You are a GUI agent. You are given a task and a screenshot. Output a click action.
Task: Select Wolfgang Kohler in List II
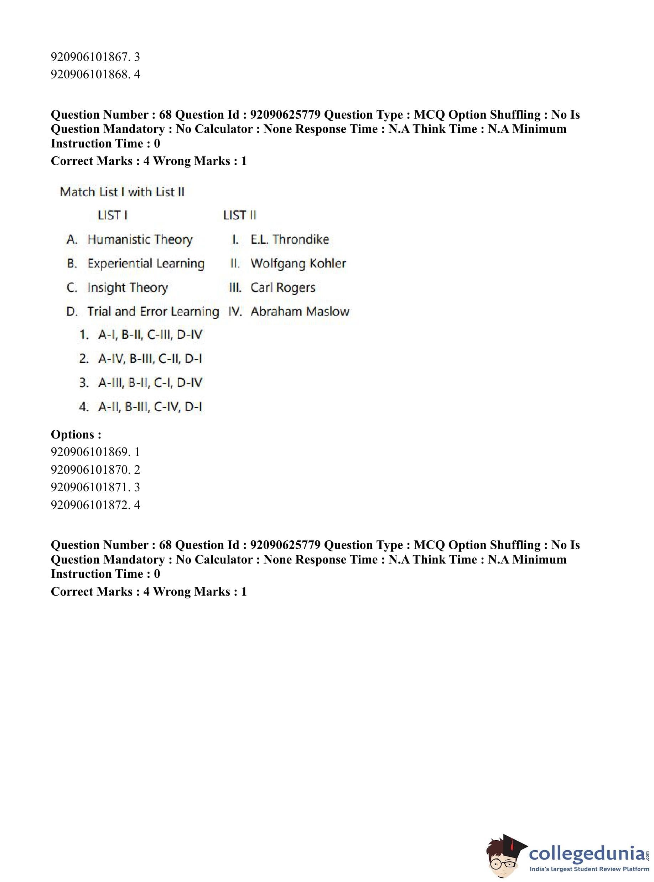298,263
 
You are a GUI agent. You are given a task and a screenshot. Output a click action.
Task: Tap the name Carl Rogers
283,287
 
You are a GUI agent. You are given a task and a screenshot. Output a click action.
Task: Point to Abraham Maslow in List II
300,312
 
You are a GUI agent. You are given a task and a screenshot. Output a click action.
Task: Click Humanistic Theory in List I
140,239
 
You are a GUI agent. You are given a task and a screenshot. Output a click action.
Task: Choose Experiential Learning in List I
146,263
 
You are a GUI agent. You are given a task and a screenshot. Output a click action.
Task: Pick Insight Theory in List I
128,287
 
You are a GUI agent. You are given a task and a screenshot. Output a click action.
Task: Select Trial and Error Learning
153,312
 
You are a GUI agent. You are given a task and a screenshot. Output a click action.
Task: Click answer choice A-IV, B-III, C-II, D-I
150,359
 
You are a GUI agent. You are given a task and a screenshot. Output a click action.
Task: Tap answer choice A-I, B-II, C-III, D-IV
150,335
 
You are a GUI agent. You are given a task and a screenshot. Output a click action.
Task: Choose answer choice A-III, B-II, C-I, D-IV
150,383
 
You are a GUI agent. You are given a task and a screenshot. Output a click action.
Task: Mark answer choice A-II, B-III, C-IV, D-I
150,406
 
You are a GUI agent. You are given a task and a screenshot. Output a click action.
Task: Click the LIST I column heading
113,216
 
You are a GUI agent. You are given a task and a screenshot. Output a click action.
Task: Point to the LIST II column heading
239,216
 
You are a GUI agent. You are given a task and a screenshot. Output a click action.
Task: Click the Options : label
76,434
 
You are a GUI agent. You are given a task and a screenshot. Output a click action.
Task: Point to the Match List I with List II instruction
122,192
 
